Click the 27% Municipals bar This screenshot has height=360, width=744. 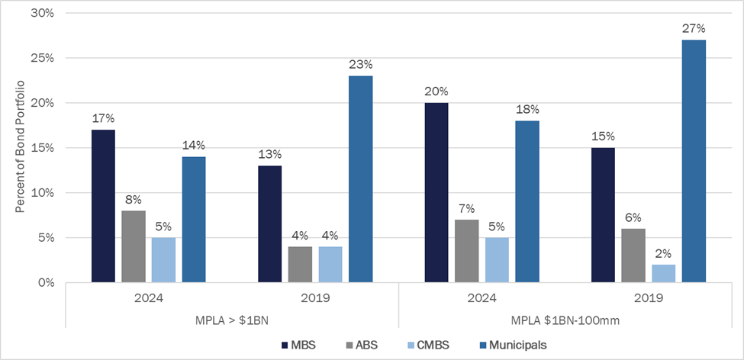(694, 161)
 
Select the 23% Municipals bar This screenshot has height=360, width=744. (360, 179)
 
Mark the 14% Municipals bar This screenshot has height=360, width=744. (194, 220)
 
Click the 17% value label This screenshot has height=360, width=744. (103, 119)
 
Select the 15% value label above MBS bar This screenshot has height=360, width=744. (603, 137)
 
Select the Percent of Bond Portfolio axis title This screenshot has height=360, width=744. (20, 146)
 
